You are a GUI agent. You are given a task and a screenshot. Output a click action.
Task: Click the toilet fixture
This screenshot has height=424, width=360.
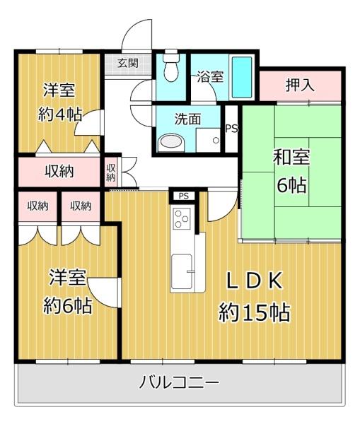click(x=171, y=66)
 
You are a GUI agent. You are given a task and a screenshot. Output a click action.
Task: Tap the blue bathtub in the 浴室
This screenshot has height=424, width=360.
click(x=242, y=77)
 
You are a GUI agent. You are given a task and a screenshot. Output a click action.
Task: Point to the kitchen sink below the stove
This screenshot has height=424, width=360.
click(x=182, y=271)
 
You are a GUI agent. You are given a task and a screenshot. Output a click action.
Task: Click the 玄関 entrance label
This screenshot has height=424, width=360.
click(x=128, y=64)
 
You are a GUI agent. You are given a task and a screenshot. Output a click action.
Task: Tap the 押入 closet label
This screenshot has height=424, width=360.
click(x=300, y=85)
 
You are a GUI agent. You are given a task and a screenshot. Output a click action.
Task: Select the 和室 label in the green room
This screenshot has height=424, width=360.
click(x=291, y=157)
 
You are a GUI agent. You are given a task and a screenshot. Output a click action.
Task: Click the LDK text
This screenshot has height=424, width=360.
click(x=255, y=281)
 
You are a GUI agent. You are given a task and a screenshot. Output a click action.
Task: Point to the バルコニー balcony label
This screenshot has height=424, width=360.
click(x=179, y=382)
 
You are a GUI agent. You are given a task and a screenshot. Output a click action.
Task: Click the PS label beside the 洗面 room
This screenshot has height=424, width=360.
click(x=232, y=129)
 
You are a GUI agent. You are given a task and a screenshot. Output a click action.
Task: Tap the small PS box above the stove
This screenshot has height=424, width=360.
click(x=184, y=196)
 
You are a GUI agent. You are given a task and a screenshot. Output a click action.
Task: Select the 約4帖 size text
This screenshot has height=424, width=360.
click(x=60, y=114)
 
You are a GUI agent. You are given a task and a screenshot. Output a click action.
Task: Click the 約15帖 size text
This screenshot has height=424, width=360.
click(x=255, y=312)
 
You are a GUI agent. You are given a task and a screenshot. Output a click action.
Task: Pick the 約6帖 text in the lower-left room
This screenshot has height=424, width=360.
click(x=67, y=305)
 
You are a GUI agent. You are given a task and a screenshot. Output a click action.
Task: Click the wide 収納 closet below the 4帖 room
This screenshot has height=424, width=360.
click(x=59, y=172)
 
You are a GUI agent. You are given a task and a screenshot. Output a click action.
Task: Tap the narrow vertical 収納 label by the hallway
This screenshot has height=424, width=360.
click(x=111, y=173)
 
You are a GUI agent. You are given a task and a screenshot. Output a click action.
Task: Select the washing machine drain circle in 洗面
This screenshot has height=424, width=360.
click(x=216, y=141)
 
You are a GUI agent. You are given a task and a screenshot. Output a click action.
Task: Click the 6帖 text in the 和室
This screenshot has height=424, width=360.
click(x=291, y=184)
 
